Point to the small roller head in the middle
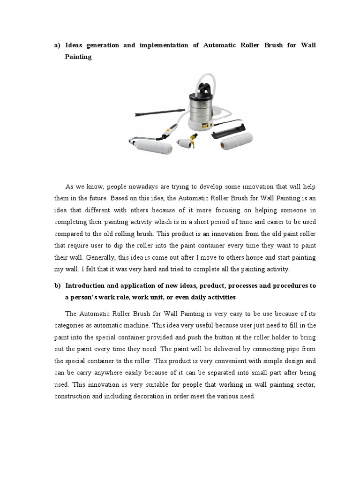click(185, 142)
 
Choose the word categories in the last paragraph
click(71, 325)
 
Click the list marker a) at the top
click(58, 45)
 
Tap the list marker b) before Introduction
click(58, 285)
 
